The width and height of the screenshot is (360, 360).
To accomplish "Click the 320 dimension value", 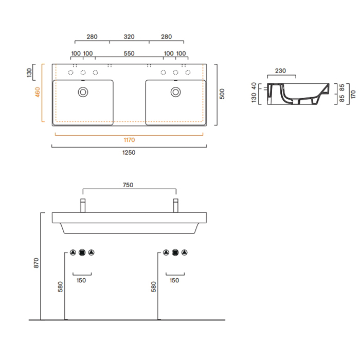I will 129,37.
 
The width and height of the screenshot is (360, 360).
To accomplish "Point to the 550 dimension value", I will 129,53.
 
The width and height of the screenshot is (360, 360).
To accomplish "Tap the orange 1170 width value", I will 129,139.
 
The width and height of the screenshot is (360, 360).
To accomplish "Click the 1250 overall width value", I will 129,152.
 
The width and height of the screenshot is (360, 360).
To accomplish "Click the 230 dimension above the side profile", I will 281,71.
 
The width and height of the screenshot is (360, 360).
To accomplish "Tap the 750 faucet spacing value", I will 129,185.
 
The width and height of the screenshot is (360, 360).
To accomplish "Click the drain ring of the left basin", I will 82,92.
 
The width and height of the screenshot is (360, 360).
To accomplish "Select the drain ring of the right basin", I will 176,92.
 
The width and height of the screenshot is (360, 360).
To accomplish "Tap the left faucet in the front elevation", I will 82,205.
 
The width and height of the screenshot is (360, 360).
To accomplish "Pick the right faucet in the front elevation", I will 175,205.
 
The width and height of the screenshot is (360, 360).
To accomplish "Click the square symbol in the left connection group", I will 82,253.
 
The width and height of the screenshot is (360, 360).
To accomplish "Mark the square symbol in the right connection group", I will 175,253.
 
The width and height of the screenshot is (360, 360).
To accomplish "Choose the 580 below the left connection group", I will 60,286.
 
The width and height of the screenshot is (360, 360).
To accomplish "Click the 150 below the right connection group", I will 174,280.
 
